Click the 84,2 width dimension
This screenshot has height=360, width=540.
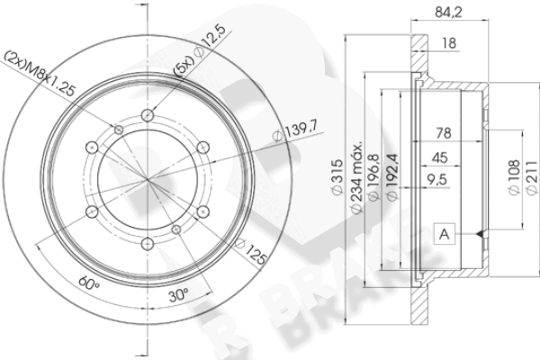point(448,13)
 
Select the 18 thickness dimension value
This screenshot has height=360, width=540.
point(449,43)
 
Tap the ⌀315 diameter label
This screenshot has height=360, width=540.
point(337,177)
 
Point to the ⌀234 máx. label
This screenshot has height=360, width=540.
point(356,176)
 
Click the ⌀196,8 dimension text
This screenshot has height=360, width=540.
point(374,177)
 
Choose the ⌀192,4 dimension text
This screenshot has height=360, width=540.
point(392,176)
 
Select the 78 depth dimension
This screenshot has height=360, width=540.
point(444,133)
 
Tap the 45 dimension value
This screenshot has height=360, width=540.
point(440,157)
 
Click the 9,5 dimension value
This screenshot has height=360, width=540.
point(436,179)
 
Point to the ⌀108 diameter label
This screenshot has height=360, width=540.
point(514,177)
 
